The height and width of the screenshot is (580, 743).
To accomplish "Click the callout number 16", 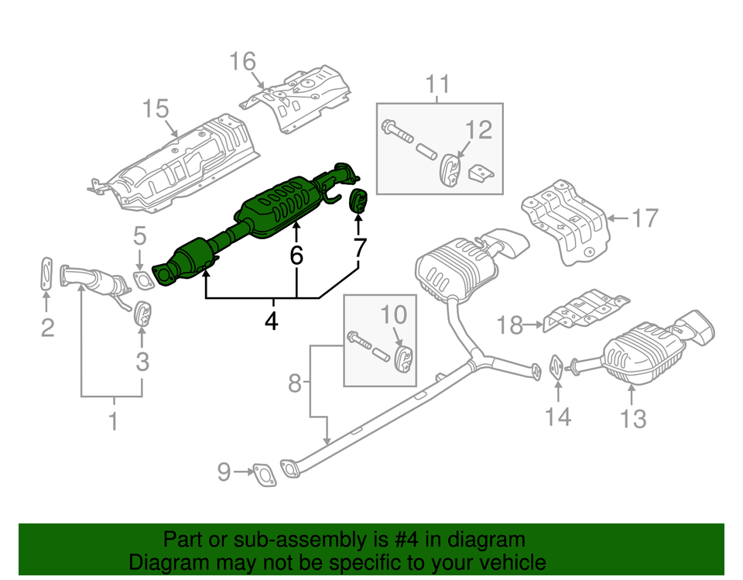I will (242, 61).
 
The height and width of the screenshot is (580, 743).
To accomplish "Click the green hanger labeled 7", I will (359, 201).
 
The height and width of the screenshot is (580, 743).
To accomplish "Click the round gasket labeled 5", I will (140, 279).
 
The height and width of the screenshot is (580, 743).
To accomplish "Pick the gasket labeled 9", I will (263, 474).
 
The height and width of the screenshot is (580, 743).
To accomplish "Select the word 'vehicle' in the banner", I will (507, 562).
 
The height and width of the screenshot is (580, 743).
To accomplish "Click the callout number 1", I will (113, 423).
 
